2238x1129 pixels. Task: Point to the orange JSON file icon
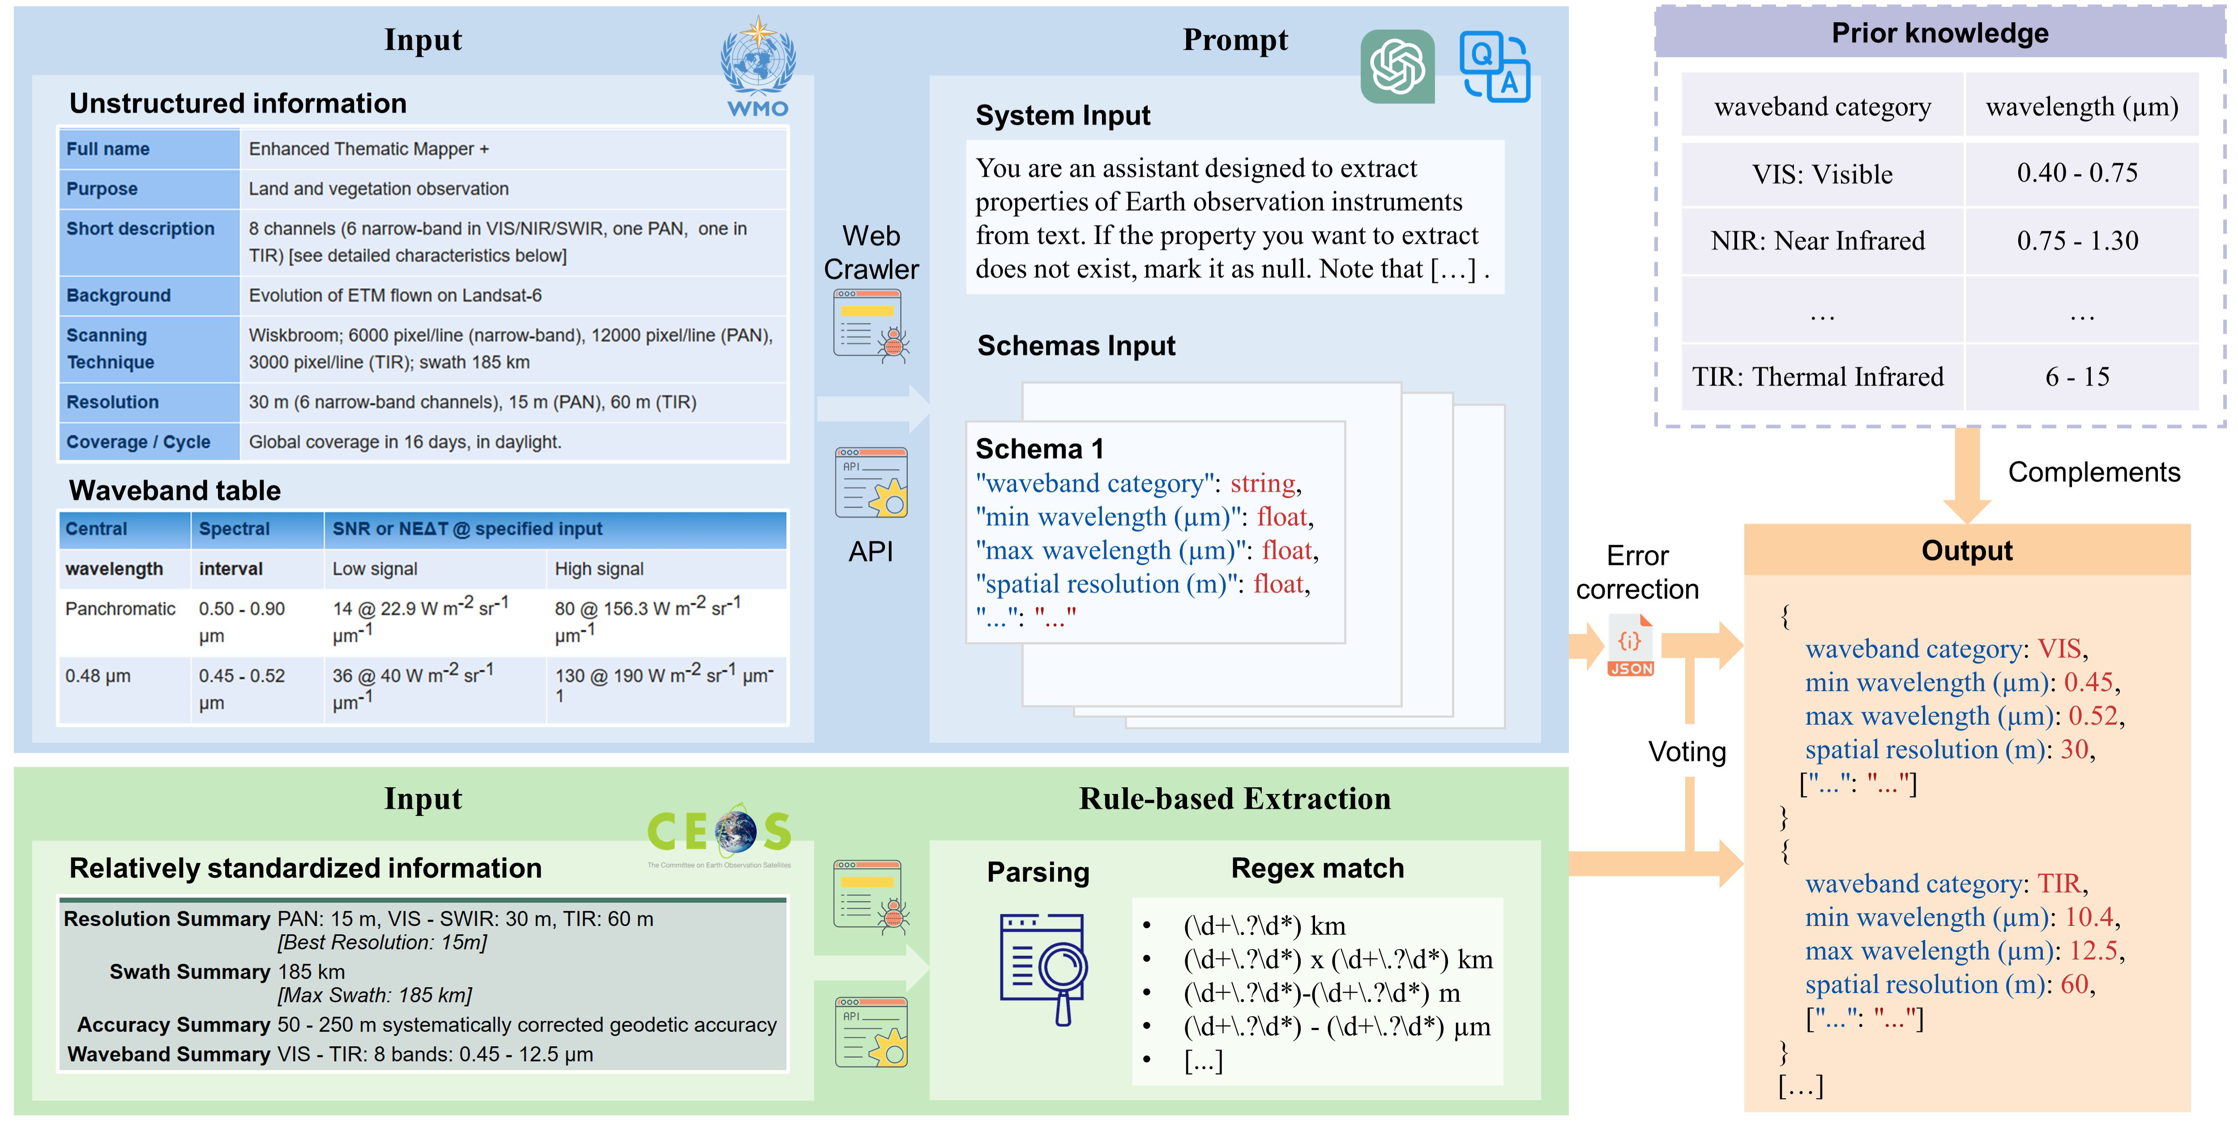[1631, 645]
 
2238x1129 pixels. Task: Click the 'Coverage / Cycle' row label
[138, 442]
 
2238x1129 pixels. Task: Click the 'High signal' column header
[598, 569]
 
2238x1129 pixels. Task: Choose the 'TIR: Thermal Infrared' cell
[1818, 377]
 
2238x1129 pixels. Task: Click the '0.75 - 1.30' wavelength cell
[2077, 241]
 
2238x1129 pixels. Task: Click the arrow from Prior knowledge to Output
[1967, 476]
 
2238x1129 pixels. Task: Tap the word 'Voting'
[1687, 751]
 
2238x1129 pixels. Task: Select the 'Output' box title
[1967, 551]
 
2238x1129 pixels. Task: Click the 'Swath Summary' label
[189, 972]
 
